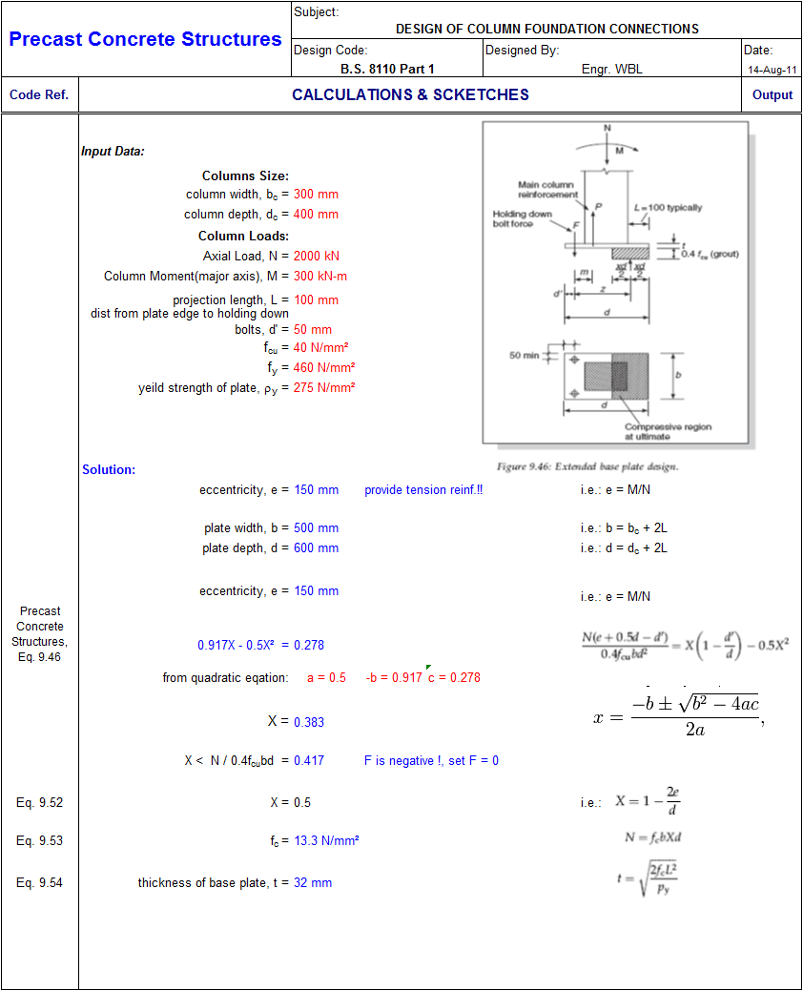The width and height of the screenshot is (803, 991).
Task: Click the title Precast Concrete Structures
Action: coord(145,39)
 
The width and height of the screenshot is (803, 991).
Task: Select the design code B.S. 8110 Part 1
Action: coord(387,69)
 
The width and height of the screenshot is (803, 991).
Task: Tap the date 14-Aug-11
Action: coord(772,70)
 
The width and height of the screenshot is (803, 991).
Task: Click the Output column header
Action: coord(772,94)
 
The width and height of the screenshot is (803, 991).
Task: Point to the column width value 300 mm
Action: coord(316,194)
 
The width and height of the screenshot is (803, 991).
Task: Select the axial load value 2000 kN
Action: coord(316,256)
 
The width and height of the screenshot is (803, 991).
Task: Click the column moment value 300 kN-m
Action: coord(320,277)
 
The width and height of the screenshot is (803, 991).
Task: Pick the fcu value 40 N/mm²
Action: coord(321,347)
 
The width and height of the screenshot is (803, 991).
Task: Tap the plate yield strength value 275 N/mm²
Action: coord(324,387)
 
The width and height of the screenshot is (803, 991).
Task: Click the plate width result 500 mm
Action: coord(316,527)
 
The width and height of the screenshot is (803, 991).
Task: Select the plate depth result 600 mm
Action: coord(316,547)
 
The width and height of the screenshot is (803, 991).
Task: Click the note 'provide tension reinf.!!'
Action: coord(423,490)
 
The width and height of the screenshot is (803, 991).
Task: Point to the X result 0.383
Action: coord(309,722)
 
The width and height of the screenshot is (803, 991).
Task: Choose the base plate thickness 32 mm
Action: coord(313,883)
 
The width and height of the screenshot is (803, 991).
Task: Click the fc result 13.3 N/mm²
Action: coord(326,840)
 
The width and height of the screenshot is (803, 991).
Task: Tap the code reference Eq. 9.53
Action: coord(40,840)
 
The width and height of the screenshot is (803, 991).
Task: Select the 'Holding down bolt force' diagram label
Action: coord(523,218)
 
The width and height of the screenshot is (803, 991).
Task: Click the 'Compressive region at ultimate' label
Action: coord(668,432)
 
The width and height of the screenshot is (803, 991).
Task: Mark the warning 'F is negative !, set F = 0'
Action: coord(431,761)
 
